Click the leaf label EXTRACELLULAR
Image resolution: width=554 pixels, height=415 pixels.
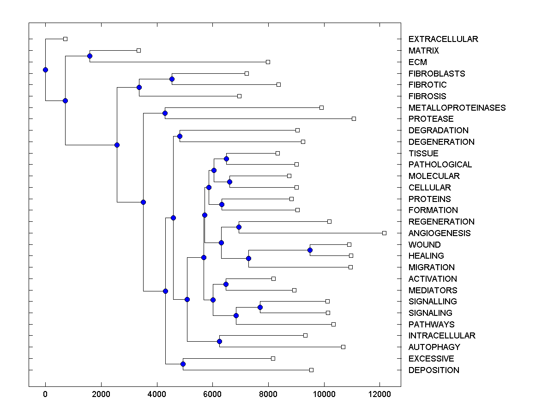pos(443,39)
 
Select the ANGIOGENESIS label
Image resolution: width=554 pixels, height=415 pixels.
pos(440,233)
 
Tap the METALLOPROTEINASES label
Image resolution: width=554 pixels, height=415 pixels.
pos(457,108)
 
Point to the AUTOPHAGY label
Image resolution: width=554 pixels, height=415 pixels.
pos(434,347)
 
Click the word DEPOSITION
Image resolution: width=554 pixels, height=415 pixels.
pos(434,370)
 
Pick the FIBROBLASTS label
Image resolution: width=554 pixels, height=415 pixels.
pos(437,74)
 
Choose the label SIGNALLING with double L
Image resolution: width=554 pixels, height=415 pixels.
pos(433,302)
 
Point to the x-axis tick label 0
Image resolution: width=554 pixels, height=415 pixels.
pos(45,394)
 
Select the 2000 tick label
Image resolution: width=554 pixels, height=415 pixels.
pos(101,394)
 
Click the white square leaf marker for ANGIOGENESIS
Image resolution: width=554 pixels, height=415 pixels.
pos(384,233)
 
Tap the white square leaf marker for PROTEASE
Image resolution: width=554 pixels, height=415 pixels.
pos(354,119)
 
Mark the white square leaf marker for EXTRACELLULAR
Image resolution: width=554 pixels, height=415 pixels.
pos(65,39)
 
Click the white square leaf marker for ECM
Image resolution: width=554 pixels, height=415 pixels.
pos(268,62)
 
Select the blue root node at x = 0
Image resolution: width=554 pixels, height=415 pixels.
pos(45,70)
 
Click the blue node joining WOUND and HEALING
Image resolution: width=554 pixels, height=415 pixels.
pos(310,250)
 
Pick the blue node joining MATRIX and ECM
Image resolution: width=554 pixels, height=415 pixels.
pos(90,56)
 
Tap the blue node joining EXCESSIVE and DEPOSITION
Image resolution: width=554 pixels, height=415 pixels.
pos(183,364)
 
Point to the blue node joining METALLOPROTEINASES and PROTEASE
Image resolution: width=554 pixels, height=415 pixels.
pos(165,113)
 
